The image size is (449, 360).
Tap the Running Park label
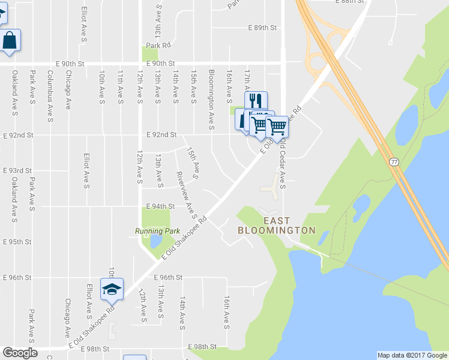[x=157, y=231]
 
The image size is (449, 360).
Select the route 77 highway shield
[x=394, y=162]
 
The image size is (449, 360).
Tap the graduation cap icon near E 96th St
[x=112, y=289]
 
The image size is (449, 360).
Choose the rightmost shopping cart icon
[x=277, y=126]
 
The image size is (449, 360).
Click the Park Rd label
[x=158, y=45]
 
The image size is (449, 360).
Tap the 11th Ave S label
[x=121, y=87]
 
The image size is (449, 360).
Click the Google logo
[x=20, y=353]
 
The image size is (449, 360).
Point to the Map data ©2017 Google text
[x=412, y=355]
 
